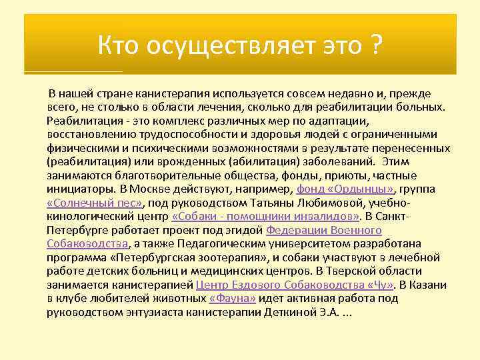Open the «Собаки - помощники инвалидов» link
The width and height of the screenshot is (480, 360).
pos(265,217)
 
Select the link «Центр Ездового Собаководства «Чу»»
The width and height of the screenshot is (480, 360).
pos(293,285)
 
